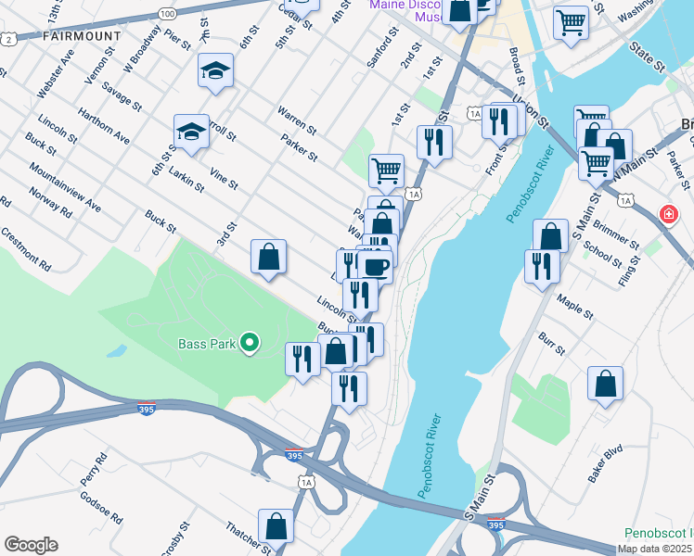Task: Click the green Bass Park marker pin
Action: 249,344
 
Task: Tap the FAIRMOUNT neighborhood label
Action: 82,35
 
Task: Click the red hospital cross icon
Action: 668,216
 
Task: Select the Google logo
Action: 31,545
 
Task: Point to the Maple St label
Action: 574,306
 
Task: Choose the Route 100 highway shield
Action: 167,14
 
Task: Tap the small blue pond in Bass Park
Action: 116,352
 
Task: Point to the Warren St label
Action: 296,119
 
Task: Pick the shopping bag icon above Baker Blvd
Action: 605,384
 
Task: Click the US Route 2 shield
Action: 8,39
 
